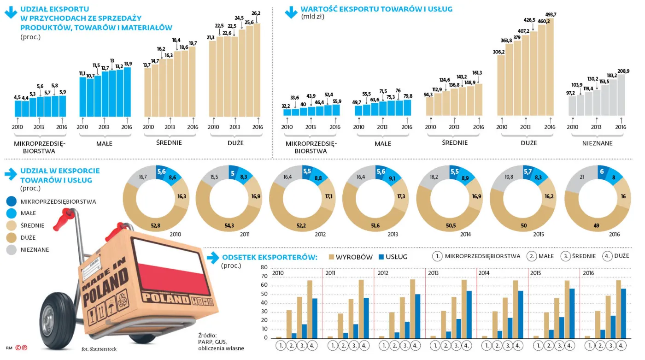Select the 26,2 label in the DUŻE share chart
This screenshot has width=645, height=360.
click(x=256, y=13)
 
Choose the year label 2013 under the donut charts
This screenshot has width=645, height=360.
click(x=393, y=235)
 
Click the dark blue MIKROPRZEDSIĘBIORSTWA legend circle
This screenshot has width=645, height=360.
click(x=12, y=201)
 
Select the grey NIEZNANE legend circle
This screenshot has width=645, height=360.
click(x=12, y=250)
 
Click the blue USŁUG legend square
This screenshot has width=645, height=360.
click(x=381, y=257)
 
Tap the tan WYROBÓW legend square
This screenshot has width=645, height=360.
click(x=331, y=257)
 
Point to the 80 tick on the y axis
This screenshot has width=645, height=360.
click(x=264, y=267)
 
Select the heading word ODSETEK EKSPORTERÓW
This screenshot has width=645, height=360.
click(x=270, y=257)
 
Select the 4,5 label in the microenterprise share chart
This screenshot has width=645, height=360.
click(x=18, y=97)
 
